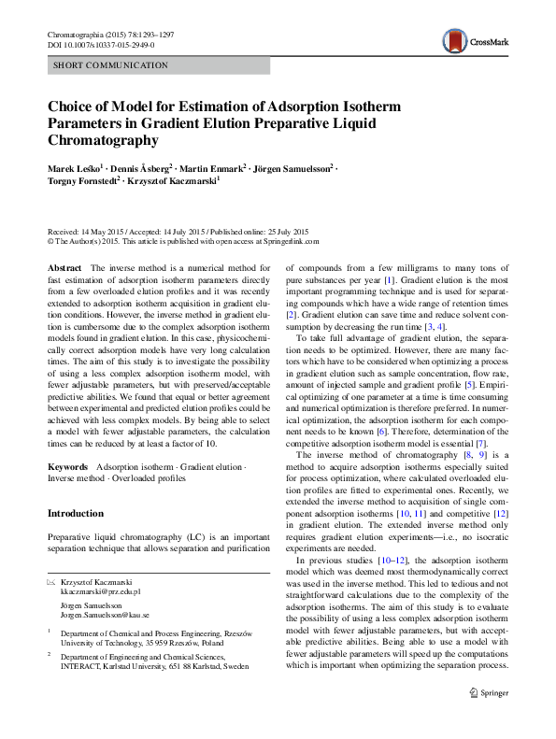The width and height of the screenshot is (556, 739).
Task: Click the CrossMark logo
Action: [x=473, y=40]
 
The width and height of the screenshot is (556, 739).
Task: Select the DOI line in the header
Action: [x=103, y=46]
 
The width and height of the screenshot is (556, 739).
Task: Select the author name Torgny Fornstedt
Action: [x=85, y=183]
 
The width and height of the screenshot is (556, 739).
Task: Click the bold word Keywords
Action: [x=67, y=464]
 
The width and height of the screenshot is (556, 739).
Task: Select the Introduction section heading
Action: [x=76, y=514]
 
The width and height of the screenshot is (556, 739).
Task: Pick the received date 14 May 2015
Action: [x=102, y=231]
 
